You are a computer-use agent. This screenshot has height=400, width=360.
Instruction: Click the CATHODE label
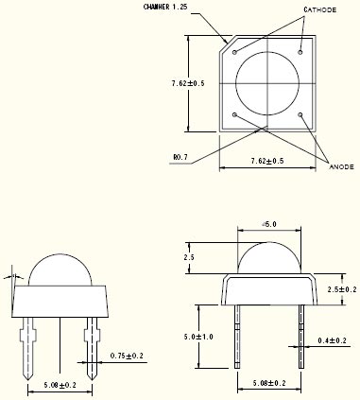[x=319, y=9]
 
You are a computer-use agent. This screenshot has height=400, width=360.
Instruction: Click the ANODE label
[x=341, y=166]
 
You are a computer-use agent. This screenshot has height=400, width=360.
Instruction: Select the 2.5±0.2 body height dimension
[x=340, y=289]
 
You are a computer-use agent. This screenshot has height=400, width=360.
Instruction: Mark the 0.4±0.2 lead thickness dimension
[x=332, y=339]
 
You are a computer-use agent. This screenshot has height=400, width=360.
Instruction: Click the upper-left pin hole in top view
[x=234, y=52]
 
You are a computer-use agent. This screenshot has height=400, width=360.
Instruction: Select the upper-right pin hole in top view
[x=300, y=52]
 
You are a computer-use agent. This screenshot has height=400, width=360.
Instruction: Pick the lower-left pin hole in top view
[x=234, y=115]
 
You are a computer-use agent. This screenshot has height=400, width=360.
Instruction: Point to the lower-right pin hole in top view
[x=300, y=115]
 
